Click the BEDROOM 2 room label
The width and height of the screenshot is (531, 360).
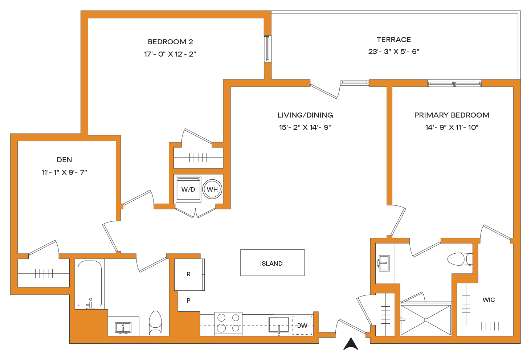pos(170,42)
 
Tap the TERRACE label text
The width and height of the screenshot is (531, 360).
pos(394,40)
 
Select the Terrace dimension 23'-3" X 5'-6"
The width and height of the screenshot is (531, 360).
pos(394,52)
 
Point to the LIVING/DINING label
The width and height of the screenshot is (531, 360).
pos(305,115)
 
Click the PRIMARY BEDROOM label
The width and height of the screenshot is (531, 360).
pos(452,115)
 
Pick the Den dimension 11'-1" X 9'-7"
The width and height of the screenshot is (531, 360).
pos(64,172)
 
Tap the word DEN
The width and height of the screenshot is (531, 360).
pos(64,160)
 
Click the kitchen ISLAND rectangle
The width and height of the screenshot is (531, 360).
pos(272,263)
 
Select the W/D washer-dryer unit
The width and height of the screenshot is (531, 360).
pos(188,189)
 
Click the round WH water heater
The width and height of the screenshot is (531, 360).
pos(212,189)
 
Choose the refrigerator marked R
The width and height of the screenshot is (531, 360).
pos(189,274)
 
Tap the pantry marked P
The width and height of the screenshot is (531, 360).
pos(188,301)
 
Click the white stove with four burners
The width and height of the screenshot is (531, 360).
pos(228,323)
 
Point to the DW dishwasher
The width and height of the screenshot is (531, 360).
pos(302,325)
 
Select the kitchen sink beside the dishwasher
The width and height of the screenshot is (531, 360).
pos(279,324)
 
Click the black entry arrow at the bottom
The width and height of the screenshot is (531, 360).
pos(351,344)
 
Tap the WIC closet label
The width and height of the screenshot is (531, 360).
pos(489,300)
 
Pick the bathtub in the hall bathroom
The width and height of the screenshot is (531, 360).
pos(89,284)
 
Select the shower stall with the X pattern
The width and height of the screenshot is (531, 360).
pos(426,320)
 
